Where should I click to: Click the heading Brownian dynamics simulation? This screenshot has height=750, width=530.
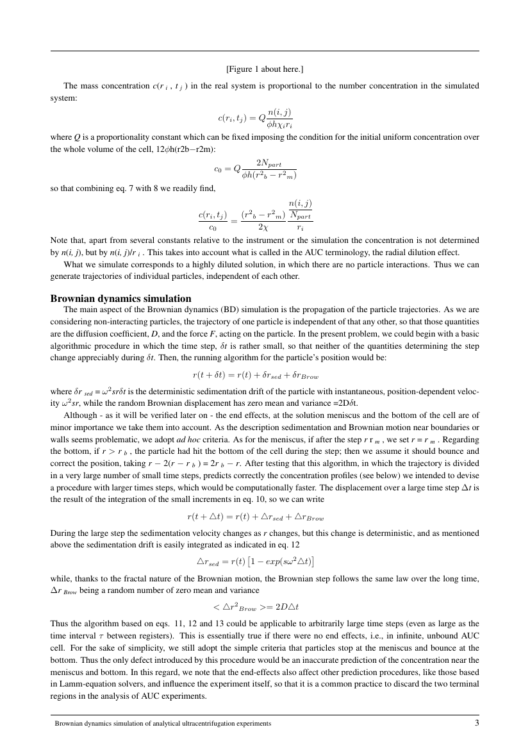click(120, 298)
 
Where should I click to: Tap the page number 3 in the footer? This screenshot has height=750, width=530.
click(477, 723)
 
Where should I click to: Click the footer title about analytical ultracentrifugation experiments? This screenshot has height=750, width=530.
click(162, 724)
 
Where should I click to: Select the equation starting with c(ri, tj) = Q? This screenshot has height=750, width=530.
click(254, 117)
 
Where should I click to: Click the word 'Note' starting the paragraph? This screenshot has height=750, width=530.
click(60, 242)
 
